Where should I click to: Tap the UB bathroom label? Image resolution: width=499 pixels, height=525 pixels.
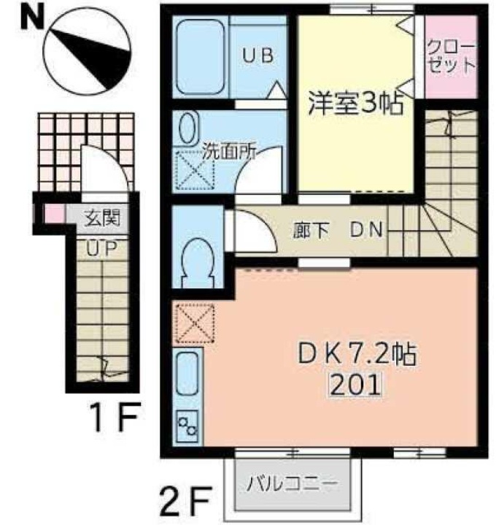[258, 58]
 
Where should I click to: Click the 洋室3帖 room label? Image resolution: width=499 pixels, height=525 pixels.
[357, 104]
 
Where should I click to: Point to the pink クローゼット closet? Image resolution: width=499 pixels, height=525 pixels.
[451, 58]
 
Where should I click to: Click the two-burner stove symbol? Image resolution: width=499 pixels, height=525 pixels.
[187, 426]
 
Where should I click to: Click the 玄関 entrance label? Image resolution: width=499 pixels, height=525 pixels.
[100, 217]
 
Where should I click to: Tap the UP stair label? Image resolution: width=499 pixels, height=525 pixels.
[101, 248]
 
